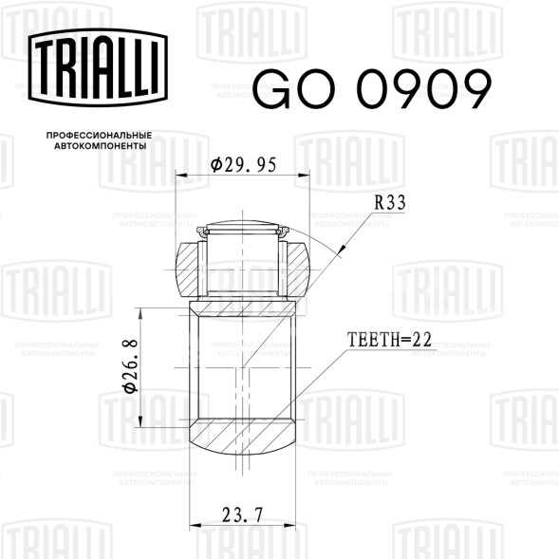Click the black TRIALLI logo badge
click(98, 67)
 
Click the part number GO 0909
click(372, 89)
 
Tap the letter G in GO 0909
click(272, 89)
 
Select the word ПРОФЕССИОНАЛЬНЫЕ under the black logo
click(99, 136)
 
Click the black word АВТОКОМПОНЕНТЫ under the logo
click(101, 146)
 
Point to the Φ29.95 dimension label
click(244, 165)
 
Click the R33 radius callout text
click(390, 203)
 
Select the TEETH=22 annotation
click(389, 340)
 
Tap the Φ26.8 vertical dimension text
click(130, 366)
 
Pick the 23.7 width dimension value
click(242, 514)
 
